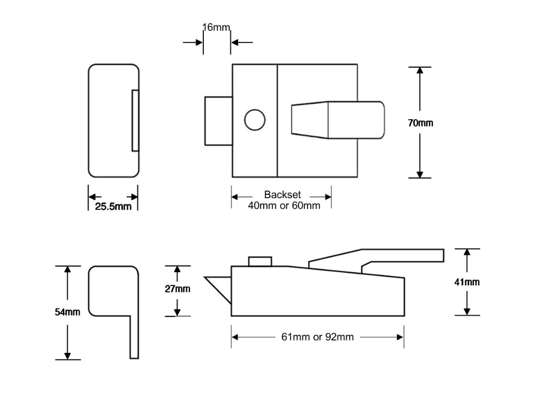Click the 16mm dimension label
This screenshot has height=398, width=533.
click(x=216, y=27)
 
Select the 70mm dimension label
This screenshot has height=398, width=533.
click(x=420, y=123)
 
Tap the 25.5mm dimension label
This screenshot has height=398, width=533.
click(x=113, y=206)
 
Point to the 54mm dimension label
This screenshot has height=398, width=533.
click(x=67, y=312)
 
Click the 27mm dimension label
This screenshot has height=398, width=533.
click(x=178, y=289)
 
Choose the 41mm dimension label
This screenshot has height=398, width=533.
click(x=467, y=282)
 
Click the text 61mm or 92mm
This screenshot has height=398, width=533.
click(x=317, y=337)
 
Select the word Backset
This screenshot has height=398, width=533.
click(x=282, y=195)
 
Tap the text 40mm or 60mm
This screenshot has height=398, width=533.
click(x=284, y=205)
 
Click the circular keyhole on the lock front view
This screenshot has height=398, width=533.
click(x=255, y=120)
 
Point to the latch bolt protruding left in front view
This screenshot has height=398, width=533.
click(x=218, y=121)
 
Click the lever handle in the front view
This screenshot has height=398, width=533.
click(x=337, y=119)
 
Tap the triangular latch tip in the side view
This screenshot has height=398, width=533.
click(x=219, y=287)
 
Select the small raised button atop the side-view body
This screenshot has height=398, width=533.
click(x=260, y=261)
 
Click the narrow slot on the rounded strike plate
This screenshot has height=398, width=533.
click(x=135, y=121)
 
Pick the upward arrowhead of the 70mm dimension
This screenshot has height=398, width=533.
click(x=420, y=71)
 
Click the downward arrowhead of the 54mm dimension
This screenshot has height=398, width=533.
click(x=67, y=354)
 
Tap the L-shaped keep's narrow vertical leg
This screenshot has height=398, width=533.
click(x=134, y=337)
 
